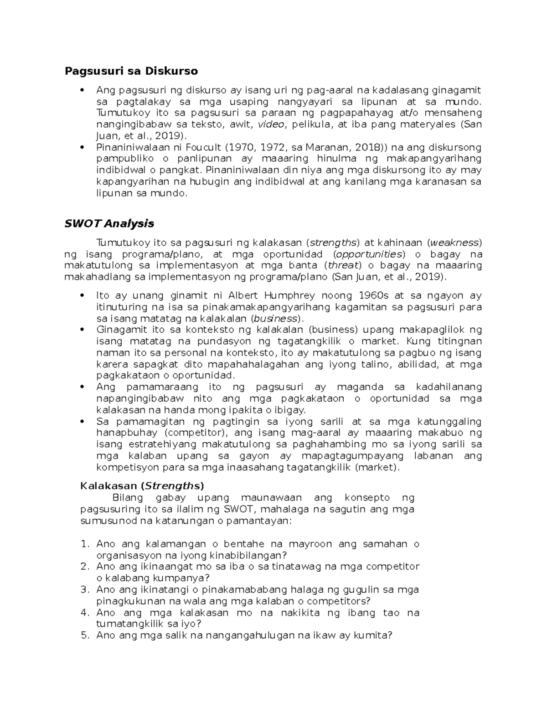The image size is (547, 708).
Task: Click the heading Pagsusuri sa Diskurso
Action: (x=131, y=71)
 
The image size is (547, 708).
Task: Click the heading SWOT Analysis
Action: (x=109, y=223)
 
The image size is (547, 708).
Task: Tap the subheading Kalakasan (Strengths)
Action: (x=142, y=486)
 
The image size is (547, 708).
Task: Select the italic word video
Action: (x=271, y=124)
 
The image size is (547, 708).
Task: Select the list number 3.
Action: (x=84, y=589)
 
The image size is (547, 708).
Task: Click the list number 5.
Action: (x=84, y=635)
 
